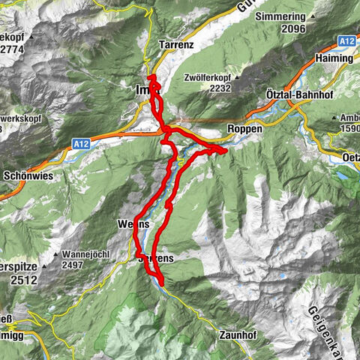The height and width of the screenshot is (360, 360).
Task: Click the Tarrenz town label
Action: tap(177, 45)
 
